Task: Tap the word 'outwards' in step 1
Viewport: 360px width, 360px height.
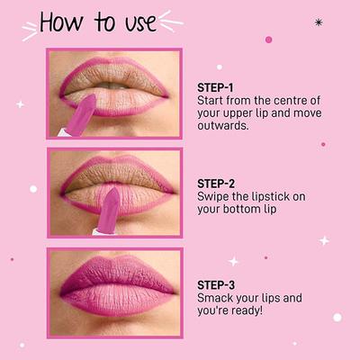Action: (x=223, y=125)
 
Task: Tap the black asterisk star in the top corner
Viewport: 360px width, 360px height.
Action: (x=319, y=22)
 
